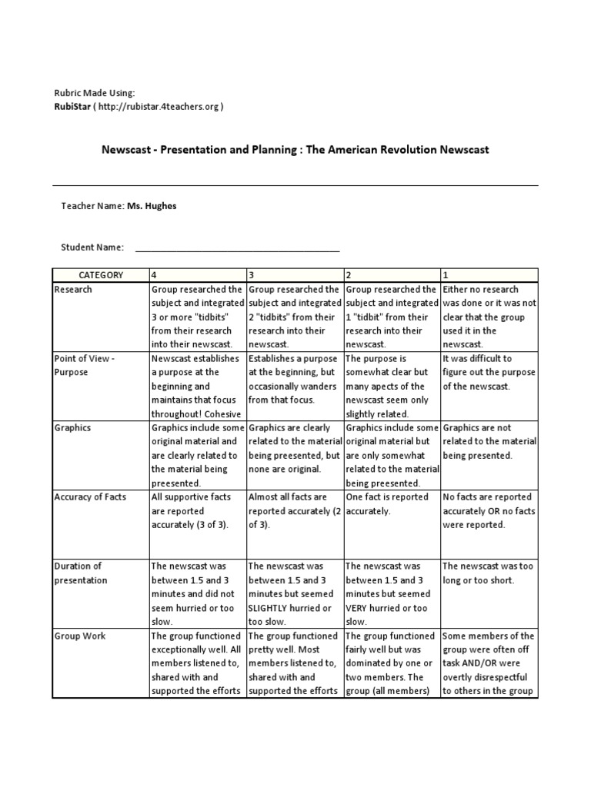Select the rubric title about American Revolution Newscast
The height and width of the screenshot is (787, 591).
(295, 149)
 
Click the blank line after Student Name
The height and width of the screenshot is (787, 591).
(237, 247)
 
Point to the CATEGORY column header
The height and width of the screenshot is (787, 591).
(100, 275)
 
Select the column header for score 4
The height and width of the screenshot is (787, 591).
(197, 275)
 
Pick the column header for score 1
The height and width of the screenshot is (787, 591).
(489, 275)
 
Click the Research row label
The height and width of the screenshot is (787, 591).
(73, 290)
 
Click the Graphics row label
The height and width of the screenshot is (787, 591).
(73, 428)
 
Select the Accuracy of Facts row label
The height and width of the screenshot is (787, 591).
(89, 497)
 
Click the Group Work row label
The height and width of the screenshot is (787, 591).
(80, 636)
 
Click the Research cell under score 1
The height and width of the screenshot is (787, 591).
(489, 317)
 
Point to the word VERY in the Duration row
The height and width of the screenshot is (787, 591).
(356, 608)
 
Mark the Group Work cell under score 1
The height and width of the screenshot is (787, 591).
(489, 663)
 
